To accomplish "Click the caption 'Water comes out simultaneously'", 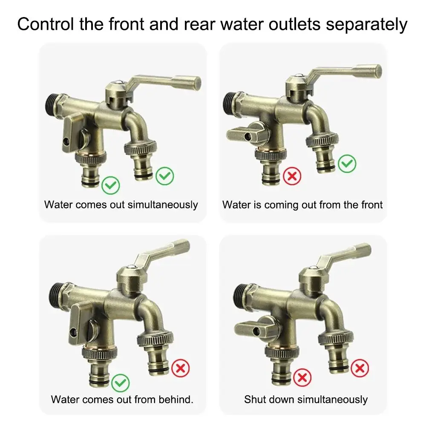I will (x=121, y=204).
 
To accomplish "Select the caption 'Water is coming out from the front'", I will (x=302, y=204).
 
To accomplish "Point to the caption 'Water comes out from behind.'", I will (x=122, y=399).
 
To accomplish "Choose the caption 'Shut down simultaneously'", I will (x=305, y=399).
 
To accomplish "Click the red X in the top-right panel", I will (x=292, y=176).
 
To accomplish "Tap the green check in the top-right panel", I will (x=347, y=163).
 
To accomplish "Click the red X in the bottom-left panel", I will (x=180, y=368).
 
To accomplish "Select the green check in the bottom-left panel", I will (x=121, y=383).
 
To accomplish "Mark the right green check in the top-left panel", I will (x=164, y=176).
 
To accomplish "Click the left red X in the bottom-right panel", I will (x=302, y=377).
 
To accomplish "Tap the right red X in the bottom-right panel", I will (x=360, y=368).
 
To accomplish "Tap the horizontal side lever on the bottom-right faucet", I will (x=251, y=329).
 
